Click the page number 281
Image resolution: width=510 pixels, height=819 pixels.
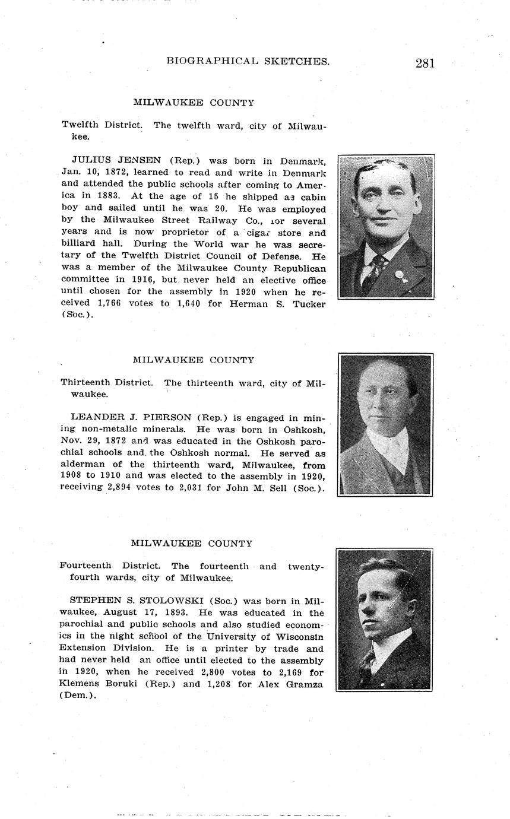tap(425, 63)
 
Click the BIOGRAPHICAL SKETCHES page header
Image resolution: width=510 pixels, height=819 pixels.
tap(248, 61)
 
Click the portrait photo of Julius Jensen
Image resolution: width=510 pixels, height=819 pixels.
tap(386, 227)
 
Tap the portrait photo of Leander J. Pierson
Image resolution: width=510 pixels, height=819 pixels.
tap(385, 425)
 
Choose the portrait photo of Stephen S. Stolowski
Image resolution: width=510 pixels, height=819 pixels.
tap(384, 620)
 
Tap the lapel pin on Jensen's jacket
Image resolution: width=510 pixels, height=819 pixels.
tap(400, 275)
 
